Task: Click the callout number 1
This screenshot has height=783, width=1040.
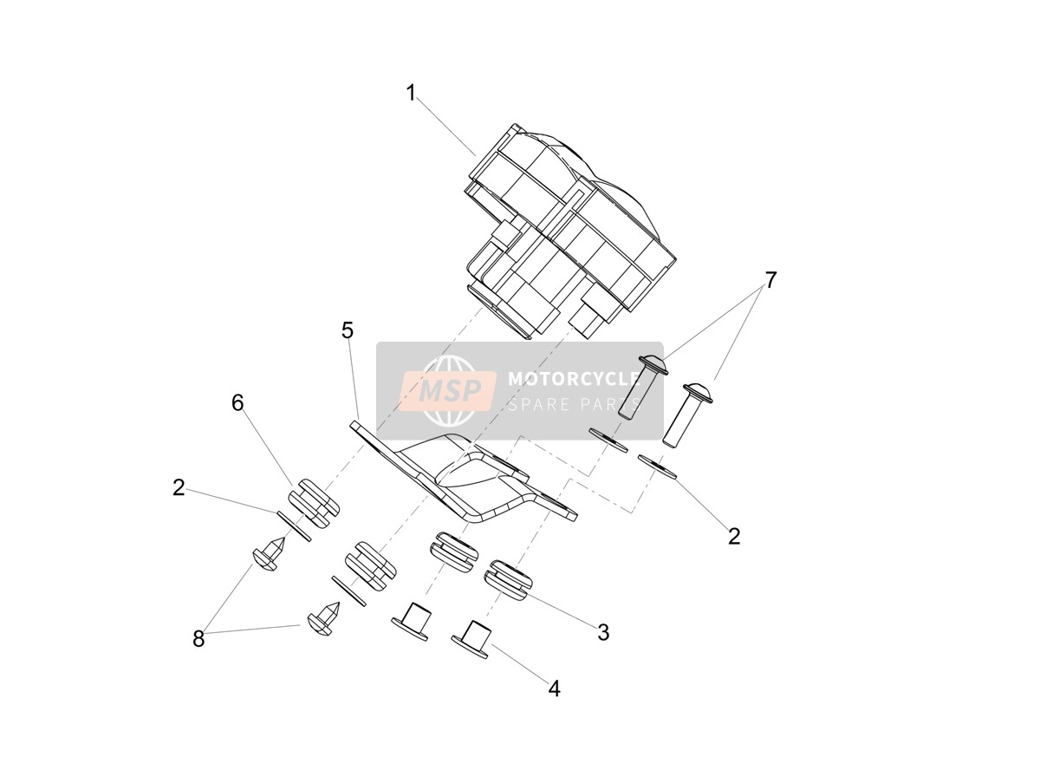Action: click(411, 93)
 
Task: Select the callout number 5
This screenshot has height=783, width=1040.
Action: click(348, 330)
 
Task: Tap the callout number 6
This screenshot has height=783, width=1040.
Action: click(237, 403)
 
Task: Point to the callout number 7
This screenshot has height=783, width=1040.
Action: click(770, 280)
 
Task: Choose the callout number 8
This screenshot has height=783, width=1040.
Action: click(198, 639)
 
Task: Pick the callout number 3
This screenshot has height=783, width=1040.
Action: click(603, 632)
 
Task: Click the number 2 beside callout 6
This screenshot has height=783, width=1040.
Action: click(179, 487)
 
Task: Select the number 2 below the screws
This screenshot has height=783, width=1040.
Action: click(734, 537)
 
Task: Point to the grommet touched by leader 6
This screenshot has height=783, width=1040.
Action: click(314, 504)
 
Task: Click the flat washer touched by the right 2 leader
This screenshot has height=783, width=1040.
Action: click(657, 467)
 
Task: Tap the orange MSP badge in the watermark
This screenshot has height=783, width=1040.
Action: click(448, 390)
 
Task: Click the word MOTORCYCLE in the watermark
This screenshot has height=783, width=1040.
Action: click(574, 379)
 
